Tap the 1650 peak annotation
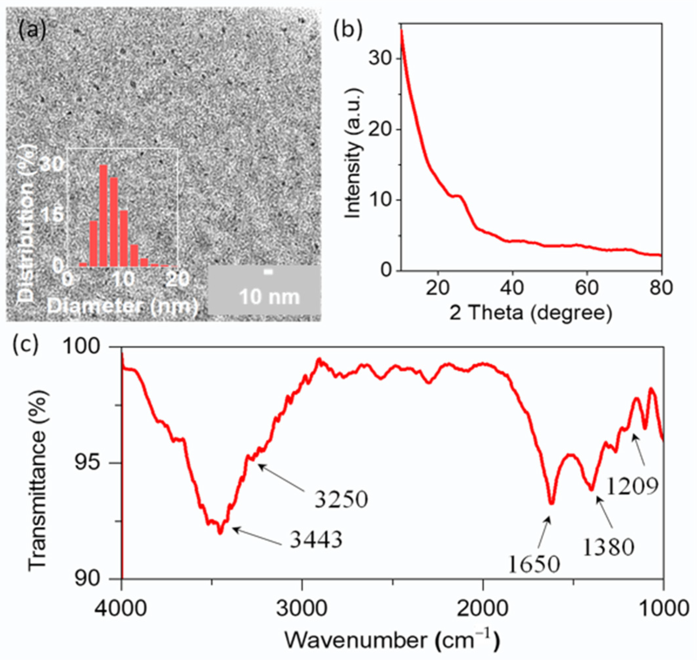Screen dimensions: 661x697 534,564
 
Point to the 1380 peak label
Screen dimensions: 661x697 608,547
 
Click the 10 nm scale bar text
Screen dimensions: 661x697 269,297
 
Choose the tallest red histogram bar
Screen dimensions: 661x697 103,215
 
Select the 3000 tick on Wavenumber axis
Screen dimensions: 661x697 302,607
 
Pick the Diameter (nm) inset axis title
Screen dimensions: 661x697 123,306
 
